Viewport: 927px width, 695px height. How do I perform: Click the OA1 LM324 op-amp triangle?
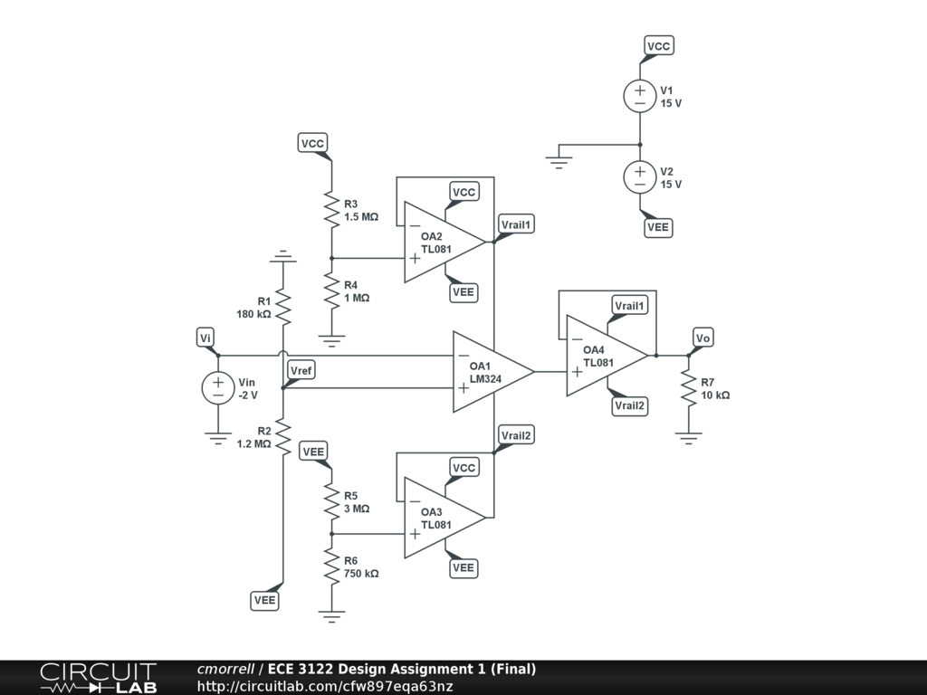(x=490, y=371)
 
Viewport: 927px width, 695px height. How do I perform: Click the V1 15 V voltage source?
(x=640, y=96)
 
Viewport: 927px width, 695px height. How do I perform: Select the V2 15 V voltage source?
(x=640, y=176)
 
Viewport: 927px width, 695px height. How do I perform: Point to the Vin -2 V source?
(x=218, y=388)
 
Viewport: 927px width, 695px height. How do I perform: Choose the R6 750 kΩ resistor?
(x=330, y=566)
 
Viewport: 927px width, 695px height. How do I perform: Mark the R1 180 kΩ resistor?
(x=283, y=308)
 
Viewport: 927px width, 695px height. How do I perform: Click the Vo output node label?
(x=703, y=338)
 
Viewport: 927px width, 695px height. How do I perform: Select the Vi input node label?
(x=206, y=338)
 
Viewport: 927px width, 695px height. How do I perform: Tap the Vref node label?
(x=301, y=371)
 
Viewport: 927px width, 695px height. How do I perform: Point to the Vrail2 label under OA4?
(x=630, y=405)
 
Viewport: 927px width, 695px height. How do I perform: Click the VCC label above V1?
(x=659, y=46)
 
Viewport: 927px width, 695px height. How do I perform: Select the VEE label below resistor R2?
(x=265, y=600)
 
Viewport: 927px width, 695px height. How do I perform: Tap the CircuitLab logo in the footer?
(x=98, y=677)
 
